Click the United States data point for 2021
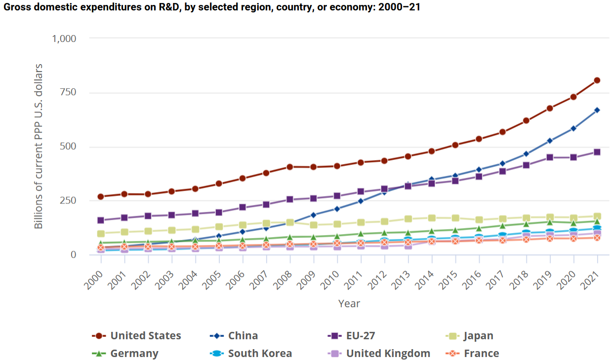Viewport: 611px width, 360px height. (x=597, y=80)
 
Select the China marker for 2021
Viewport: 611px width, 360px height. (x=597, y=110)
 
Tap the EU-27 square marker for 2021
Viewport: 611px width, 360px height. (x=597, y=152)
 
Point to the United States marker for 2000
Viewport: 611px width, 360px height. (x=101, y=197)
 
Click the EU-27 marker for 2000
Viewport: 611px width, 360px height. (x=101, y=220)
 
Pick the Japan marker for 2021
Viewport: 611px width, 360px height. (x=597, y=216)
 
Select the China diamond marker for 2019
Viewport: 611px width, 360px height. (x=550, y=141)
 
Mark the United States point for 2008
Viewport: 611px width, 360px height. (x=289, y=167)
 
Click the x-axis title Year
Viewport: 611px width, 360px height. (x=349, y=303)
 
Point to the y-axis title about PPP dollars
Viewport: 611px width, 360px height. (x=39, y=146)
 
